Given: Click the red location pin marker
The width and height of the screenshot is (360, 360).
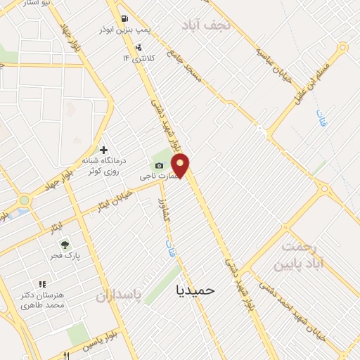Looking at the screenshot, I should coord(181,167).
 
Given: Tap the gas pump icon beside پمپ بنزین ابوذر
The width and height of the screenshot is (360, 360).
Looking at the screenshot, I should coord(125,18).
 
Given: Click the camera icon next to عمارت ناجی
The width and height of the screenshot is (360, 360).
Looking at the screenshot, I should coord(159,165).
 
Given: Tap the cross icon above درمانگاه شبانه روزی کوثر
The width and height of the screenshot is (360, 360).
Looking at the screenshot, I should coord(103,150).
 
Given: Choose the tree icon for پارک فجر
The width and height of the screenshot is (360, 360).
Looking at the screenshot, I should coord(65,245).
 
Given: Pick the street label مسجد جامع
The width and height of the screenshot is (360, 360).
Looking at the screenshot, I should coord(184,67).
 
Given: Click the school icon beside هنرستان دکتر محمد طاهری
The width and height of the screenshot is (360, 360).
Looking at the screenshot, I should coord(43,284).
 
